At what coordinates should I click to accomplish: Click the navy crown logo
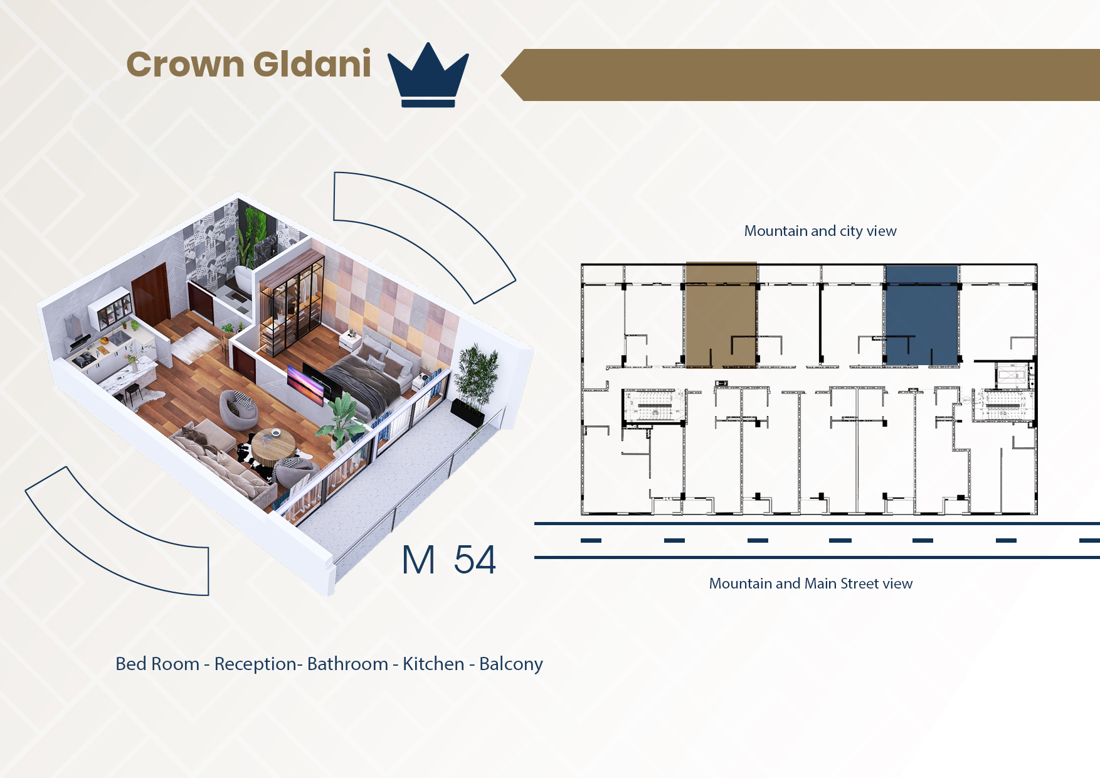point(428,75)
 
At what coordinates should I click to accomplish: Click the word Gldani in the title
point(312,64)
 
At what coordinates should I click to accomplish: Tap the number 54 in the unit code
point(475,560)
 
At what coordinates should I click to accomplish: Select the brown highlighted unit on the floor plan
point(721,314)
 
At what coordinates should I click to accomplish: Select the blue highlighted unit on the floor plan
point(921,315)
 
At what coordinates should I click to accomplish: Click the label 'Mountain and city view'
point(820,231)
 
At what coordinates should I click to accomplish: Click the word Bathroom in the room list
point(347,664)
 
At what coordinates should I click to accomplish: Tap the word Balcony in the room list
point(511,664)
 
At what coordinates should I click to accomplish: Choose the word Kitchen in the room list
point(433,664)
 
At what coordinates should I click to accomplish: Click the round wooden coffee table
point(274,445)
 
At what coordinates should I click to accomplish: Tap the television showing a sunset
point(305,383)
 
